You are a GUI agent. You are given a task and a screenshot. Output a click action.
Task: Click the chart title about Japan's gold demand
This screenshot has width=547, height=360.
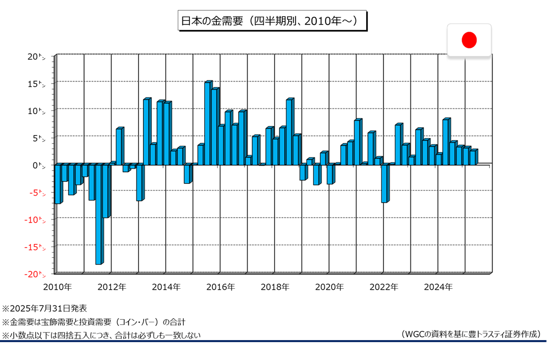coord(271,21)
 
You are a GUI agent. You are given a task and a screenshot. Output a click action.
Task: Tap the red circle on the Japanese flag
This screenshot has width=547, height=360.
coord(469,40)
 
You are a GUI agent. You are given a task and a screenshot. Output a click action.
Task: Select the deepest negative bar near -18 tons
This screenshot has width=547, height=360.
coord(98,214)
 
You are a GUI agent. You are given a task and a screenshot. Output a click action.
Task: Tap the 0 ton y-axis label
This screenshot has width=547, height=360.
coord(40,165)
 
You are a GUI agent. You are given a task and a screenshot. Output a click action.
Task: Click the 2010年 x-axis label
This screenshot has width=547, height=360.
coord(57,287)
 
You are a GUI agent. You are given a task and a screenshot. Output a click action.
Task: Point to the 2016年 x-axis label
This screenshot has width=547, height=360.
coord(221,287)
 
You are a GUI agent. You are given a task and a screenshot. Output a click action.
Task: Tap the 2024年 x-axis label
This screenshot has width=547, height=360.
coord(438,287)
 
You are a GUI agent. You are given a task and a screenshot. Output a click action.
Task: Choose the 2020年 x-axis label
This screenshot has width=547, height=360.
coord(330,287)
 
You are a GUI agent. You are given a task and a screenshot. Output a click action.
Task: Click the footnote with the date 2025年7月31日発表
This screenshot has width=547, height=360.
coord(44,309)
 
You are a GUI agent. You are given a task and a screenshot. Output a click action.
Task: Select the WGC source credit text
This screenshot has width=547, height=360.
coord(471,334)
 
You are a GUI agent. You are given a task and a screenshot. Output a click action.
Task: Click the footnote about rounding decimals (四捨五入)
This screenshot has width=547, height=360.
coord(101,335)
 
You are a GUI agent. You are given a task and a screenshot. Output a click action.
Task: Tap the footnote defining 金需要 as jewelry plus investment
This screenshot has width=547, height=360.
coord(94,322)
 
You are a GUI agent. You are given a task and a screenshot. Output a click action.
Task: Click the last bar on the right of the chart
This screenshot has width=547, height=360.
coord(473,158)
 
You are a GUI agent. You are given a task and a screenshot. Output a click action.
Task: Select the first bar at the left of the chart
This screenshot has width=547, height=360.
coord(58,184)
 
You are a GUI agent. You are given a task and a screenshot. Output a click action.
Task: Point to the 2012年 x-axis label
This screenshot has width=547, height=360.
coord(112,287)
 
